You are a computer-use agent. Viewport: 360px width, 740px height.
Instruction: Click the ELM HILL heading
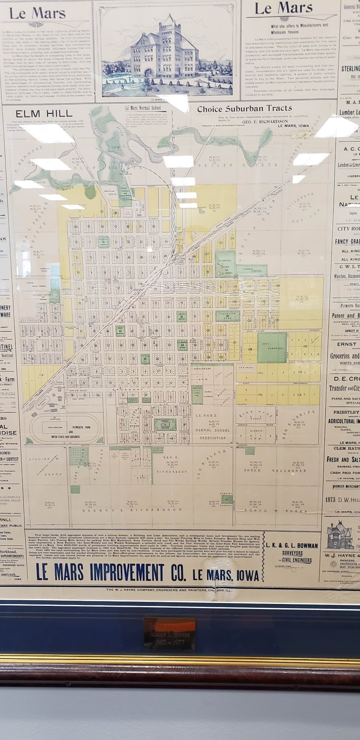click(x=44, y=113)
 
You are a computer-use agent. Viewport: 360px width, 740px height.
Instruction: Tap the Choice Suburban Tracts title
click(x=244, y=109)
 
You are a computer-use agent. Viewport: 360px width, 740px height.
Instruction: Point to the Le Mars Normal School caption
click(x=145, y=108)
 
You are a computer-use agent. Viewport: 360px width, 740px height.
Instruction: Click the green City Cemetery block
click(x=272, y=346)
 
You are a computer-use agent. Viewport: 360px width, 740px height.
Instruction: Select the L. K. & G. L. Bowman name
click(x=291, y=545)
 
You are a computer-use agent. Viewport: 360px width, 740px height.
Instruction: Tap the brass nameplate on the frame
click(x=169, y=629)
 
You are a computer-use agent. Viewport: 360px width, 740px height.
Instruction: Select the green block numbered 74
click(x=103, y=241)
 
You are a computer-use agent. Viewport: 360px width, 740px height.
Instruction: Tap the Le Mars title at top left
click(x=37, y=14)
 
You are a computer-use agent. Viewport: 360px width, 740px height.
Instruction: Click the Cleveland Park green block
click(x=227, y=316)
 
